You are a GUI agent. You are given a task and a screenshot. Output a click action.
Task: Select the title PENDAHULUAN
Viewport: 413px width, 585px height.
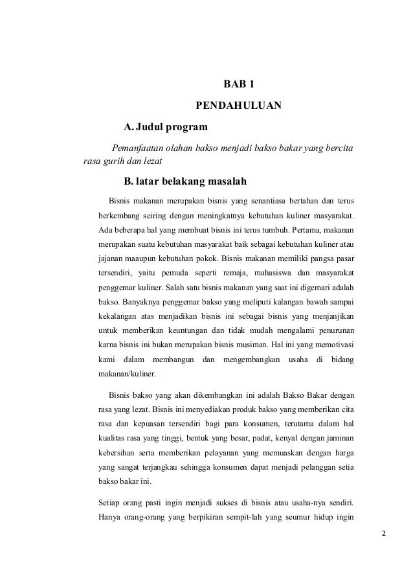(x=239, y=105)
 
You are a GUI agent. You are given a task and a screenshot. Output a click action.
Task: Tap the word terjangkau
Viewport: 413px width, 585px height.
(x=170, y=464)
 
